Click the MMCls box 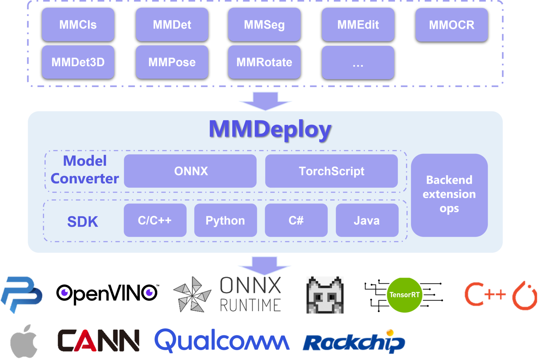click(x=78, y=25)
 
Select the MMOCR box click(x=451, y=25)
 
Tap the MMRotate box click(x=264, y=62)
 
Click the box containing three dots click(x=358, y=63)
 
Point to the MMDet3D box click(x=78, y=62)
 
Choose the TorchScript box click(x=331, y=171)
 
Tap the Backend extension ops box click(x=449, y=195)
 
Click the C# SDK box click(x=296, y=220)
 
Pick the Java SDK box click(x=367, y=220)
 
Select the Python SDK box click(x=226, y=220)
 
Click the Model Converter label click(x=85, y=170)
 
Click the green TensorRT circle click(x=404, y=295)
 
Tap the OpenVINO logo click(x=107, y=294)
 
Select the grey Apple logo click(x=24, y=341)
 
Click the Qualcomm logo click(x=222, y=340)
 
